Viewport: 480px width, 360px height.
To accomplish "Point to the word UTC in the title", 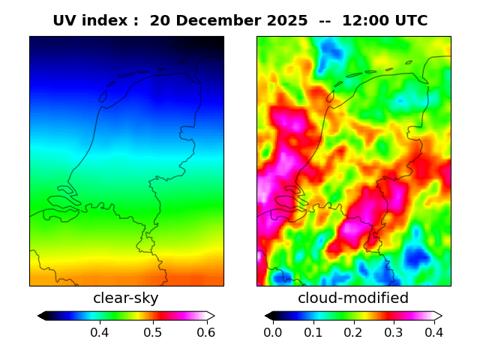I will pos(411,21).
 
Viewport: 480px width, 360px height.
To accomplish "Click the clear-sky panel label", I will pos(126,298).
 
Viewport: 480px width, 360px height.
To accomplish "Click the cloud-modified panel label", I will pos(353,298).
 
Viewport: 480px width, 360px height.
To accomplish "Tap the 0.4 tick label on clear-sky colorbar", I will pos(100,331).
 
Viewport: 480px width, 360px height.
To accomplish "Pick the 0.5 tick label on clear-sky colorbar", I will pos(153,331).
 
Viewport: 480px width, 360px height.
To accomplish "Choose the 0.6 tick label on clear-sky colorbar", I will pos(205,331).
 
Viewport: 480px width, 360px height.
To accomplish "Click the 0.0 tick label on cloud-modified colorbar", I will pos(273,331).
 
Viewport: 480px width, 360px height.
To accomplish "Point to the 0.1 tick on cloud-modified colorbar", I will pos(313,331).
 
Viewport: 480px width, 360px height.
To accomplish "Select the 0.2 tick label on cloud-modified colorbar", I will pos(353,331).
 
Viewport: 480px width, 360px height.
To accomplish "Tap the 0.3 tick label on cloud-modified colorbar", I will pos(393,331).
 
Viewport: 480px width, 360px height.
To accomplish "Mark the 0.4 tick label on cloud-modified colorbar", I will pos(433,331).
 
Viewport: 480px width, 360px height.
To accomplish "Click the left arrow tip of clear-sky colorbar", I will pos(39,316).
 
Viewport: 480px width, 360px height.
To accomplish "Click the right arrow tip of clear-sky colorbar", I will pos(214,316).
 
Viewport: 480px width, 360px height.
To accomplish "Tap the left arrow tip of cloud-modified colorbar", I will pos(266,316).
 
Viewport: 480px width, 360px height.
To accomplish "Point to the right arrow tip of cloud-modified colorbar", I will pos(441,316).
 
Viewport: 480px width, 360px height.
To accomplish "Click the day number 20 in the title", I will pos(159,21).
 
